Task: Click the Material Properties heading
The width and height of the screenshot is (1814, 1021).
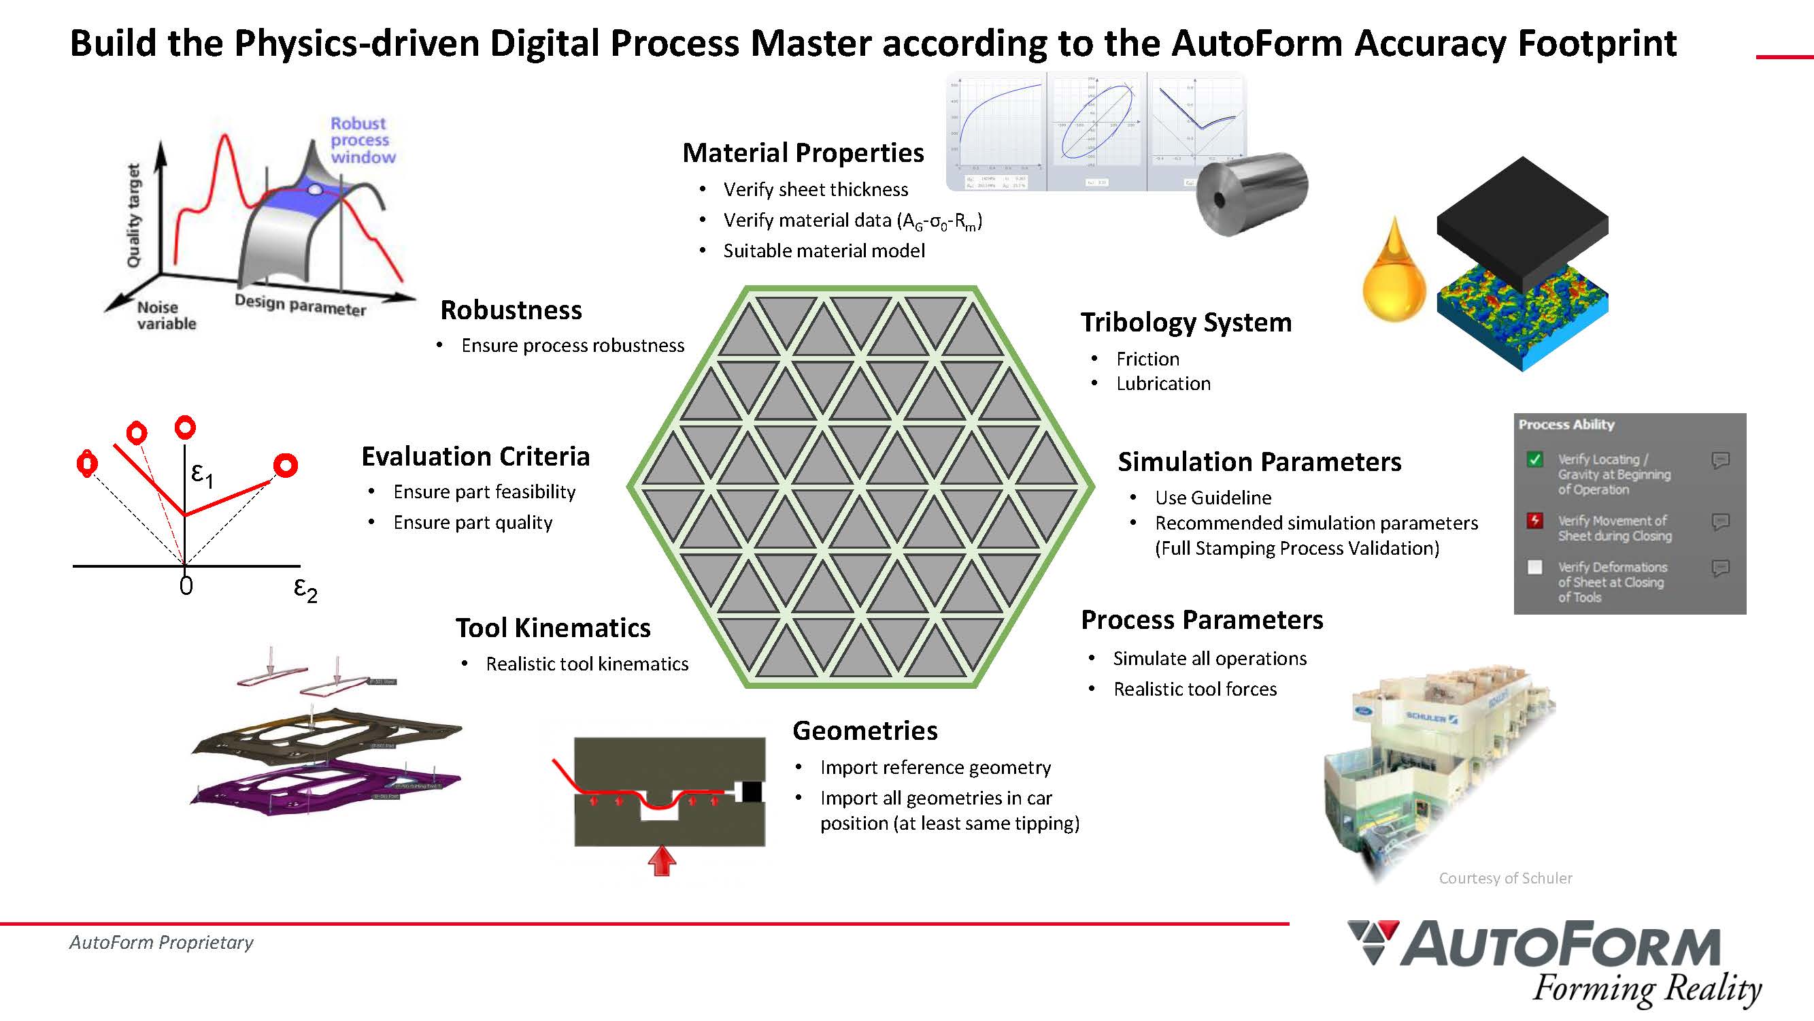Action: pos(803,153)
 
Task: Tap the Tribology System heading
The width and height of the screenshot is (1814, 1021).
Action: pos(1186,323)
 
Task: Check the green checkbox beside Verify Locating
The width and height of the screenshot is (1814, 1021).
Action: pos(1535,459)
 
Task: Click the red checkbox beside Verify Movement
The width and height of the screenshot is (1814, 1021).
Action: pos(1535,521)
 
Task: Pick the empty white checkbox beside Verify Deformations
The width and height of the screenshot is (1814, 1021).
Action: pos(1535,567)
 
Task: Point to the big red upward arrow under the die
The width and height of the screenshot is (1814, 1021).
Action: pos(661,861)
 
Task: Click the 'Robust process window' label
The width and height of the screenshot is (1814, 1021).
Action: pos(362,140)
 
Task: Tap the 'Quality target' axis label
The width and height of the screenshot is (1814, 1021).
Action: pos(133,216)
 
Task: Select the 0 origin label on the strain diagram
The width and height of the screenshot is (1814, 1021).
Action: pos(186,585)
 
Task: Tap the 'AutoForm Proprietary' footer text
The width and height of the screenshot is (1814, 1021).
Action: pos(161,942)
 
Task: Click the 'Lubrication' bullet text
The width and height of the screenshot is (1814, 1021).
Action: pos(1162,383)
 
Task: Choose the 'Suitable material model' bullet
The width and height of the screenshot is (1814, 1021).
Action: pos(823,251)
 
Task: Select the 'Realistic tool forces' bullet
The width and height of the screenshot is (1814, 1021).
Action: pos(1194,689)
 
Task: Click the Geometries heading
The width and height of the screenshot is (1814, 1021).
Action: pos(864,730)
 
